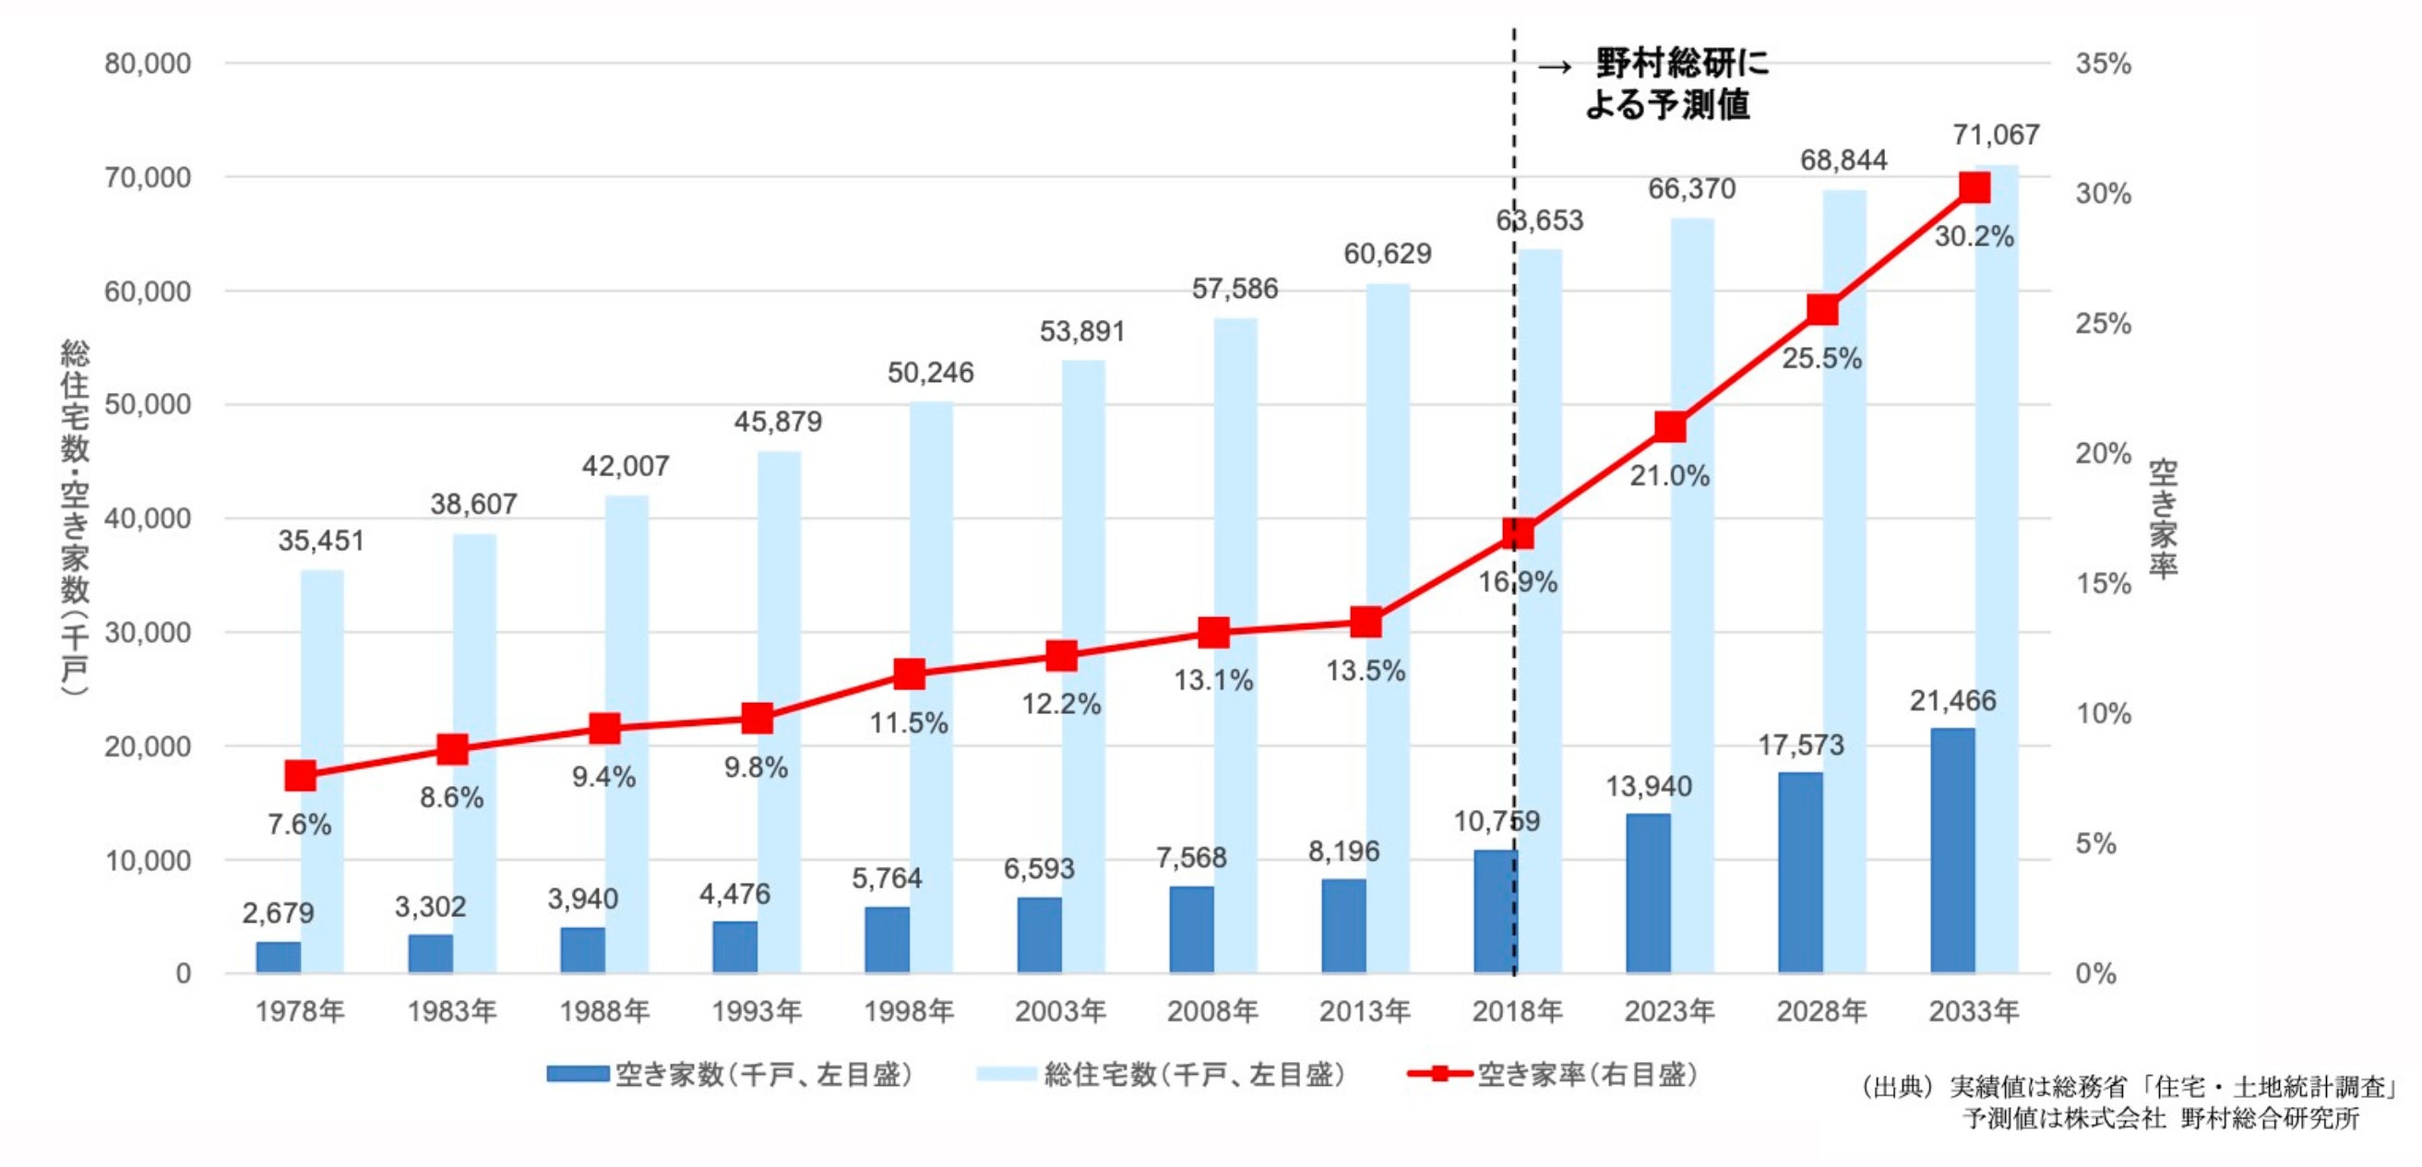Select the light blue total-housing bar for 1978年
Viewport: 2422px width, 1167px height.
[323, 771]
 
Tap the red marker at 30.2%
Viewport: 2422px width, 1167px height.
[1975, 188]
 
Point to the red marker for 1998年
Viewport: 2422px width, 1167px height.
[909, 673]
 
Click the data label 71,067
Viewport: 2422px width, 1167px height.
[1996, 136]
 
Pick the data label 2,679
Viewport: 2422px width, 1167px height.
[279, 912]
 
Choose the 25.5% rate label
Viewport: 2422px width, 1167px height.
[1821, 358]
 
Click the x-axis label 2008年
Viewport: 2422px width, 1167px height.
[1213, 1011]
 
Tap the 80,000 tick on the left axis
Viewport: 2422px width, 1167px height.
[148, 64]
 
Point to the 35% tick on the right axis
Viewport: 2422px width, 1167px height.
[2104, 64]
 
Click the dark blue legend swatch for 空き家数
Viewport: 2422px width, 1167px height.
[578, 1074]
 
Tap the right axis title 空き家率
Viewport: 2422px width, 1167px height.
[2164, 518]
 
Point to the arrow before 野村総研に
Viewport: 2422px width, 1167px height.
[1554, 66]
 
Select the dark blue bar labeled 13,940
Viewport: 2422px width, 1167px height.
[1648, 892]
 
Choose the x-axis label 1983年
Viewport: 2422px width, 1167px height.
[451, 1011]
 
